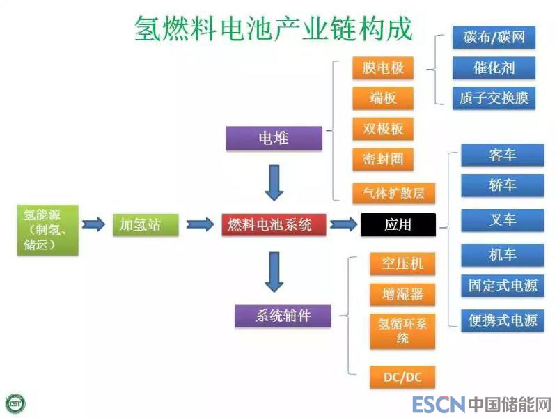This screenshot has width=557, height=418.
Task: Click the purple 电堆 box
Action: point(274,139)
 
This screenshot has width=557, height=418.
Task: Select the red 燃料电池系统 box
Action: point(274,224)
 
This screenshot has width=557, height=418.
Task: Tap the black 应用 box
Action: point(398,224)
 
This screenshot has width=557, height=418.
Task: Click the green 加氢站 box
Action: point(139,224)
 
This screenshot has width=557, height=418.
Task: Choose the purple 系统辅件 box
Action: point(283,316)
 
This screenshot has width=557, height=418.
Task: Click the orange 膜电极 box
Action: point(383,68)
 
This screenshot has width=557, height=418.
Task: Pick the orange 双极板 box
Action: point(383,129)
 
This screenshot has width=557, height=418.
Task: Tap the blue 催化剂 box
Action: point(494,68)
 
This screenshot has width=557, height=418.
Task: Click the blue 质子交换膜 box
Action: point(494,98)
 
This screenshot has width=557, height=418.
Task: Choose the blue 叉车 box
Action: point(502,220)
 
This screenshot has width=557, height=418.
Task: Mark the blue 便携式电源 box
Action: point(502,320)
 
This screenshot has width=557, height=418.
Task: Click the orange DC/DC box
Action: point(402,378)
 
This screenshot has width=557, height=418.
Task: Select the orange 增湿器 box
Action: point(402,293)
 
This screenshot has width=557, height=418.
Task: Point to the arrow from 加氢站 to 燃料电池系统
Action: point(200,224)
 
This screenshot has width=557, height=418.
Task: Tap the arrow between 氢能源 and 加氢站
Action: point(93,224)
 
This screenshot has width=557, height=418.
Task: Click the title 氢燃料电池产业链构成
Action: point(273,29)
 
